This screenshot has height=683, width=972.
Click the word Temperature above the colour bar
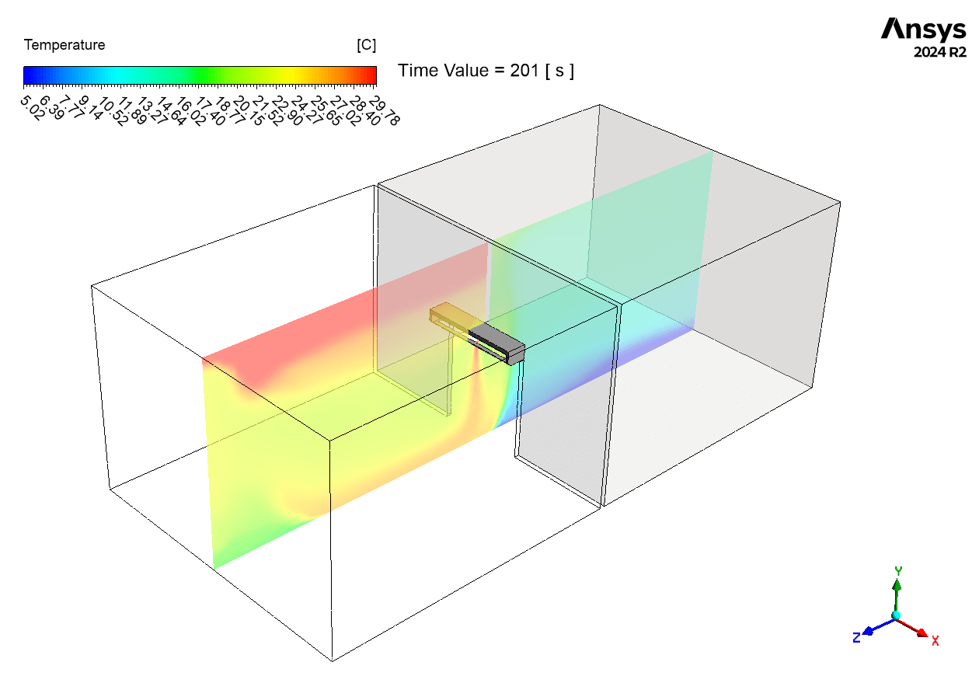point(64,46)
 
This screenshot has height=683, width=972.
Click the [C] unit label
point(366,46)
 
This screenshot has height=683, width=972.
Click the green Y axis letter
point(898,571)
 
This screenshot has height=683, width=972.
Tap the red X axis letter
point(935,641)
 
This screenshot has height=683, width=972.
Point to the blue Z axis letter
point(856,638)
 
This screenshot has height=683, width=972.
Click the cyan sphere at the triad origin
point(897,615)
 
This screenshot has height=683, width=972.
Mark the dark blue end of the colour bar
point(27,75)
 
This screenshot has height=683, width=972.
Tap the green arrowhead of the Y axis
point(897,584)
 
